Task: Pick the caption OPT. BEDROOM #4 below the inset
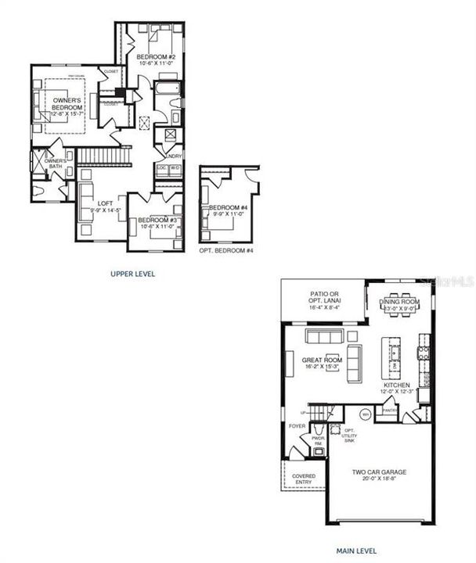226,250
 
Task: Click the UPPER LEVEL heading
132,274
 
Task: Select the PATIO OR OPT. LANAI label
323,298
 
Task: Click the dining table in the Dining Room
399,308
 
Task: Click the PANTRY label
388,409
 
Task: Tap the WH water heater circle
365,414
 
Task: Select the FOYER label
297,426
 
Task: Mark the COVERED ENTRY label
304,479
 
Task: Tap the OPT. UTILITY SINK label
349,436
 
